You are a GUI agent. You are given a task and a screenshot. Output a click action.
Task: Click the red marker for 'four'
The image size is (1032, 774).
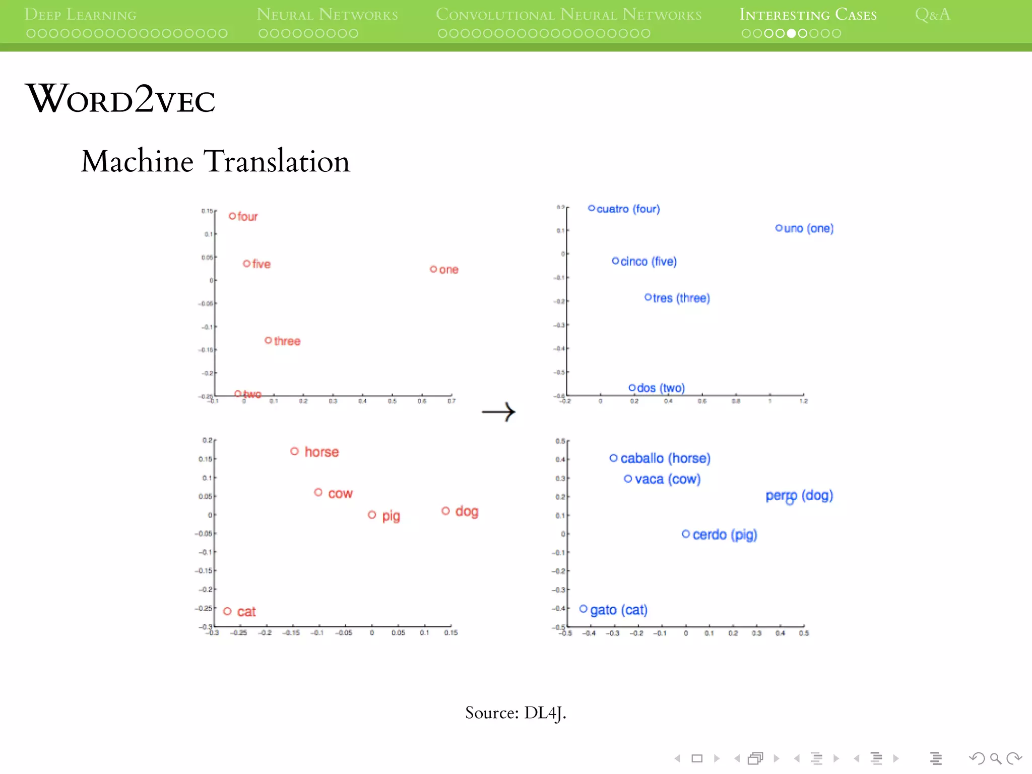tap(232, 216)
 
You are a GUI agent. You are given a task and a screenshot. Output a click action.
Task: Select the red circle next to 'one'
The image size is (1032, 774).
tap(433, 269)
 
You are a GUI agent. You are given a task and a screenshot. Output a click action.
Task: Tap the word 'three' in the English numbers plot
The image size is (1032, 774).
tap(287, 341)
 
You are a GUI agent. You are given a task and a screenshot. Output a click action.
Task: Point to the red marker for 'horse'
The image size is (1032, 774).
tap(295, 451)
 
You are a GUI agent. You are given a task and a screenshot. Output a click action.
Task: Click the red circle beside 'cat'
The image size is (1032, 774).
tap(227, 611)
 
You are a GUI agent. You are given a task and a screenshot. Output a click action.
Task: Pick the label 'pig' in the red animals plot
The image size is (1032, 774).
tap(391, 516)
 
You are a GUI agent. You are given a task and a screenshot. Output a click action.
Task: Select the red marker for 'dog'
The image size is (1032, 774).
tap(445, 511)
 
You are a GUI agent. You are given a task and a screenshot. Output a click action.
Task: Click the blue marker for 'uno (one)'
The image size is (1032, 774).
tap(779, 228)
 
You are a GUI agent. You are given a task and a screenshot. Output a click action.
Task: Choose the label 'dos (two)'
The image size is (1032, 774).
tap(661, 388)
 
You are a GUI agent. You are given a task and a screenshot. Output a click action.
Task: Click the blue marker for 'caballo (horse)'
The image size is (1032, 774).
tap(614, 458)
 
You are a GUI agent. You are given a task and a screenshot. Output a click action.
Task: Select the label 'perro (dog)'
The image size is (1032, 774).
tap(799, 495)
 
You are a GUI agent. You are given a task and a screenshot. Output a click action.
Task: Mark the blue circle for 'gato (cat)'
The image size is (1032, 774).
tap(584, 609)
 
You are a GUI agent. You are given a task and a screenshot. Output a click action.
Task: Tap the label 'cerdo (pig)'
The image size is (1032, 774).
tap(725, 535)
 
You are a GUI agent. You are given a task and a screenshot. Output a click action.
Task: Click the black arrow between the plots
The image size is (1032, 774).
tap(498, 412)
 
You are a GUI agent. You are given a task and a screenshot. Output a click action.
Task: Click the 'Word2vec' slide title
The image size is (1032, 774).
tap(121, 99)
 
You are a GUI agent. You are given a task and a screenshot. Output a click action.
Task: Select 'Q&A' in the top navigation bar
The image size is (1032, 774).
tap(932, 15)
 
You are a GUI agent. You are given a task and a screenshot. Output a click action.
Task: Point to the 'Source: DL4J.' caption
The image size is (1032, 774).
tap(515, 713)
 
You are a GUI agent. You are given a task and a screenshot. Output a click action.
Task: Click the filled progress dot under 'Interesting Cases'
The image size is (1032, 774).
tap(792, 34)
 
